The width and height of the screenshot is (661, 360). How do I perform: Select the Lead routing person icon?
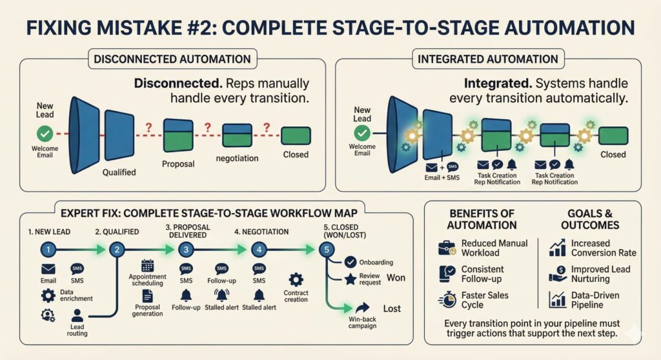(x=77, y=315)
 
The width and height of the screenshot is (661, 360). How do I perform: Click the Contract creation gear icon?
(x=296, y=279)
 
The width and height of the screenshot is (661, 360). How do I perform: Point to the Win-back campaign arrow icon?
(x=361, y=308)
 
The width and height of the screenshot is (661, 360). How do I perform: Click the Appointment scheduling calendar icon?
(x=147, y=265)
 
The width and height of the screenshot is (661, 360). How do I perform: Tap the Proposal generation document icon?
(x=147, y=295)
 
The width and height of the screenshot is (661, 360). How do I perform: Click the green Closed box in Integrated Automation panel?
(x=613, y=135)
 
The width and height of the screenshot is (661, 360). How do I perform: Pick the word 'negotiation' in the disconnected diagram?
(x=238, y=158)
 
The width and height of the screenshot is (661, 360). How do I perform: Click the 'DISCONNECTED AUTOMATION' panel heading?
(x=172, y=59)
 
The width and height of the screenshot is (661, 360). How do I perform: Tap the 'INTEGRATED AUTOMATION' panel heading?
(x=488, y=59)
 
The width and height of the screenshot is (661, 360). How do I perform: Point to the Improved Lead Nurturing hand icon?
(x=556, y=274)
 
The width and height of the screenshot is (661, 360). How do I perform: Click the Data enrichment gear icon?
(x=48, y=295)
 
